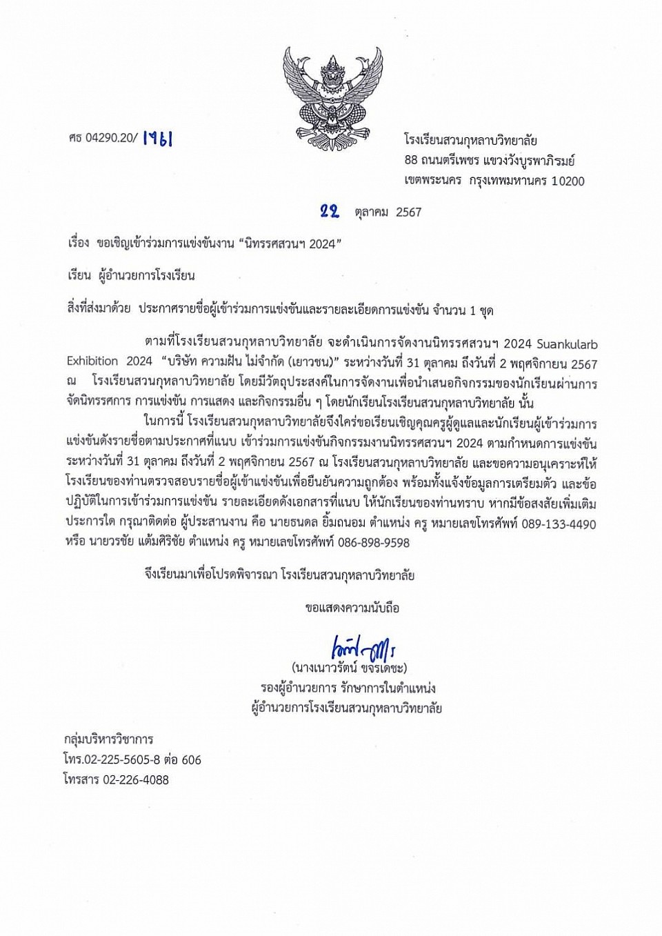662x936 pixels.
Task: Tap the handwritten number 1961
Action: (157, 139)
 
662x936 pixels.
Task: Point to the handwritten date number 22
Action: (330, 211)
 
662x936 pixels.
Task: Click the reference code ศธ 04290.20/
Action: (103, 139)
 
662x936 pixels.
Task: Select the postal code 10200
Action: (568, 181)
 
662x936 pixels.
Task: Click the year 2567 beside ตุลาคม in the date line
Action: (408, 212)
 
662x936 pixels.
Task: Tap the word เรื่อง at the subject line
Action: (79, 243)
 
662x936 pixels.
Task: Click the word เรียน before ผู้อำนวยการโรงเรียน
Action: (79, 276)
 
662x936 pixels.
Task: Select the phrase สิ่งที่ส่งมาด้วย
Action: (99, 310)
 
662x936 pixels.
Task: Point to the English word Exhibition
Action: (92, 361)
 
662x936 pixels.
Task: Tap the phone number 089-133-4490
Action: (559, 524)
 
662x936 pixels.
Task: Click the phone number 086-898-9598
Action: (373, 543)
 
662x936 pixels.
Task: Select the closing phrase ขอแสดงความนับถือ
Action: (352, 608)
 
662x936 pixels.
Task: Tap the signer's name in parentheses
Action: (349, 668)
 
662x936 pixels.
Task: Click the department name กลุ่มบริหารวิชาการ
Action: (108, 739)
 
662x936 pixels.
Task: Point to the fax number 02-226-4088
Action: (135, 780)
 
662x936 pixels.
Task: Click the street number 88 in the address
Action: (411, 161)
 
